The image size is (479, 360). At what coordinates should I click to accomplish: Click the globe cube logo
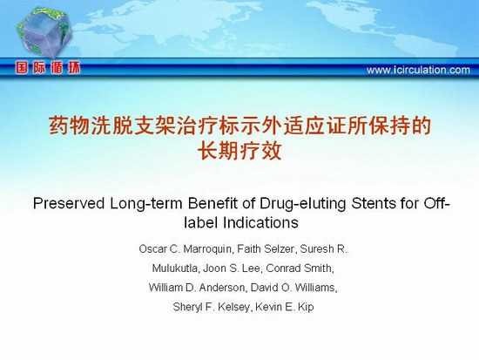click(x=44, y=32)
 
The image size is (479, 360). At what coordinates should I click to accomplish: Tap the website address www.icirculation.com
click(x=418, y=70)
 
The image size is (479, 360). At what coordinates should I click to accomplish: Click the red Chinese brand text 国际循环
click(x=48, y=68)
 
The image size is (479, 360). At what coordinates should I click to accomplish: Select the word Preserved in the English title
click(x=69, y=203)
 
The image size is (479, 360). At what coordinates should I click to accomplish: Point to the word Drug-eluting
click(x=303, y=204)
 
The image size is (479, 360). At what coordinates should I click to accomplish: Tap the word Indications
click(x=260, y=222)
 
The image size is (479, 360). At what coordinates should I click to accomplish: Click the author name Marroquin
click(x=207, y=249)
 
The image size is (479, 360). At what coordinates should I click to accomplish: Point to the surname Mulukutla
click(x=175, y=268)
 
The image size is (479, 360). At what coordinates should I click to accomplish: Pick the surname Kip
click(x=306, y=307)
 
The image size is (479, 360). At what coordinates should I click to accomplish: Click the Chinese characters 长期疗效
click(x=239, y=151)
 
